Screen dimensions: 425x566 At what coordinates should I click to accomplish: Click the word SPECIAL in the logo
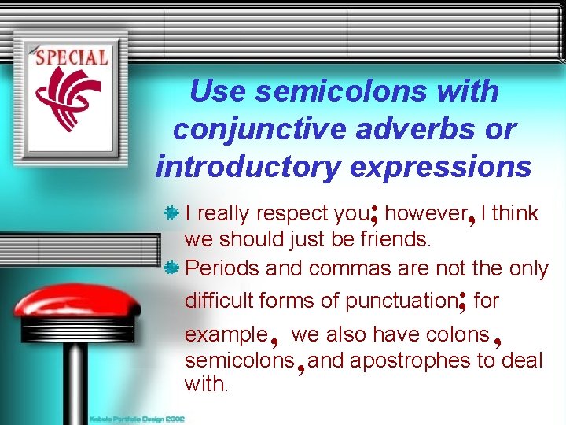(72, 57)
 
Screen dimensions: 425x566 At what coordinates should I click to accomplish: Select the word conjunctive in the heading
(259, 129)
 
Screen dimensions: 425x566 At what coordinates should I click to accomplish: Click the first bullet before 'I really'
(172, 213)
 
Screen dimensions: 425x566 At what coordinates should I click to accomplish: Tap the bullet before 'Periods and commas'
(172, 268)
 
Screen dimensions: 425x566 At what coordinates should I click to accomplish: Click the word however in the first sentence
(425, 213)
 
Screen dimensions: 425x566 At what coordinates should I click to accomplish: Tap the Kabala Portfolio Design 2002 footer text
(138, 419)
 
